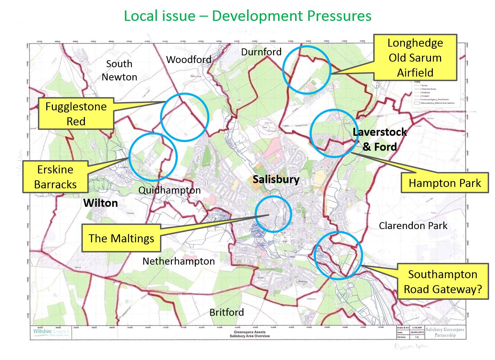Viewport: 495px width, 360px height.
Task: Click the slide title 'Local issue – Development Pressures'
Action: coord(247,16)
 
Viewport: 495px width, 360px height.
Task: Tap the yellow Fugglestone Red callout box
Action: coord(76,114)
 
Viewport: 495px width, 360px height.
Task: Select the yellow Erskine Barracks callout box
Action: coord(55,177)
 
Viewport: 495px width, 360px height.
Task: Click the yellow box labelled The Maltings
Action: coord(121,238)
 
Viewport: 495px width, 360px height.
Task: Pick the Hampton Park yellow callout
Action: coord(444,183)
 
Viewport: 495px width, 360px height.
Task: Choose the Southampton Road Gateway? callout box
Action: coord(442,282)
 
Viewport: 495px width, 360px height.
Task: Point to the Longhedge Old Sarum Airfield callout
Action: coord(415,58)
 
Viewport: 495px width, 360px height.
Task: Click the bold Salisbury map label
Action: coord(276,180)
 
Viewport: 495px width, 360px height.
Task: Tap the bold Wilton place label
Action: coord(101,203)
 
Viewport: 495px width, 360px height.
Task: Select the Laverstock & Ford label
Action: coord(380,139)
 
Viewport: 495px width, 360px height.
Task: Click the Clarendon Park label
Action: coord(413,226)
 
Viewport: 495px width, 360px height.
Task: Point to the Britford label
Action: coord(226,312)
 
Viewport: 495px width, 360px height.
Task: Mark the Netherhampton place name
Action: coord(178,261)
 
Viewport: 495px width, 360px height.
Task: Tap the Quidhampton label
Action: coord(169,190)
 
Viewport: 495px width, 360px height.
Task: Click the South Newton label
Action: coord(119,70)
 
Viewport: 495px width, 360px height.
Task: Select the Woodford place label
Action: coord(189,60)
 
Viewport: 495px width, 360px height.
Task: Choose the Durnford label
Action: coord(261,52)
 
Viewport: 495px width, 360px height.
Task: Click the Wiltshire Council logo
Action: coord(51,332)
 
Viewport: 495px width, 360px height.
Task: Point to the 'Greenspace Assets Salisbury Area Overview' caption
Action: coord(249,334)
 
